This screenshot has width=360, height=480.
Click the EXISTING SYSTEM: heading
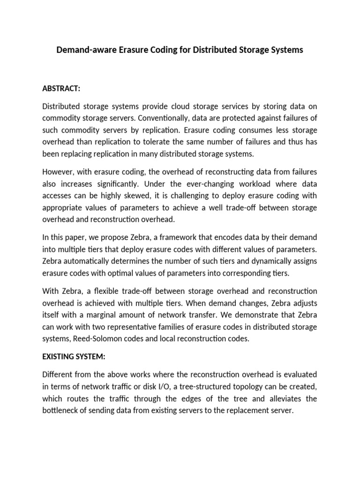pyautogui.click(x=74, y=356)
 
